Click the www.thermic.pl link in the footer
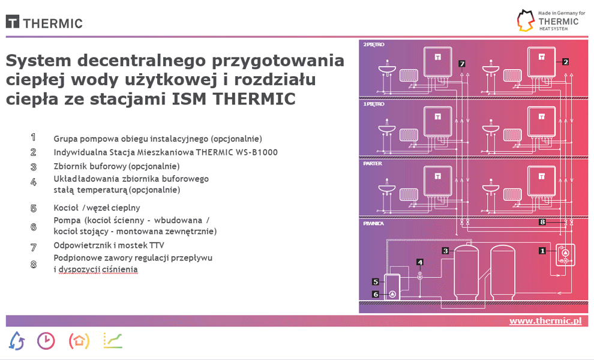point(545,321)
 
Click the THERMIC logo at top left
point(44,22)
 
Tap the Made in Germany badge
point(551,20)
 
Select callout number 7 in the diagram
point(461,64)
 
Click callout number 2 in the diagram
point(565,61)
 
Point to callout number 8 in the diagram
point(542,221)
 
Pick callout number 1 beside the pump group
point(542,250)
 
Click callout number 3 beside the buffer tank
point(445,250)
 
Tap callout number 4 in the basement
point(420,262)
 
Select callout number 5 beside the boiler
point(376,281)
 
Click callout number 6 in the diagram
point(376,294)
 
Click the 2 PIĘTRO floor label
point(374,44)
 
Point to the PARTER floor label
point(373,163)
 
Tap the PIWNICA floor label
point(373,223)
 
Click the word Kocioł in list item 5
point(66,208)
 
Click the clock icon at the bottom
point(46,341)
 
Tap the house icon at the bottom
point(79,341)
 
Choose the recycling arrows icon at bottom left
point(17,341)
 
